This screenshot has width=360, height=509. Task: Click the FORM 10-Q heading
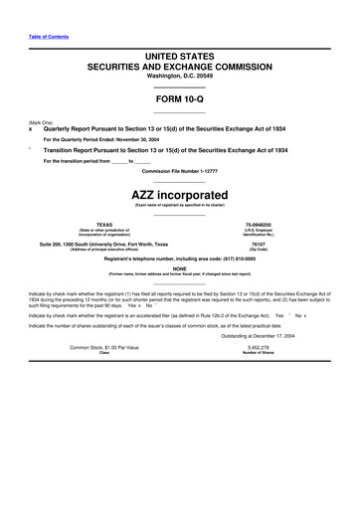pyautogui.click(x=179, y=100)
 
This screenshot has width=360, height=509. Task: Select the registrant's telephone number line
pyautogui.click(x=179, y=257)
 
